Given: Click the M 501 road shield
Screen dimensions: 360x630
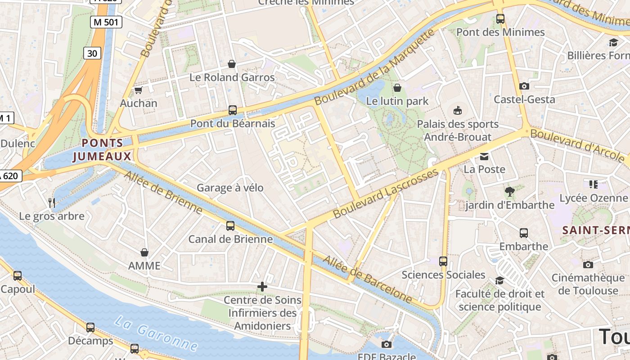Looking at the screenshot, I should (107, 22).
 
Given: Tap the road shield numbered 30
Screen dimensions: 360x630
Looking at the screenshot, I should (92, 54).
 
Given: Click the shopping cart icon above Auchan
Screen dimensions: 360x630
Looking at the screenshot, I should (138, 90).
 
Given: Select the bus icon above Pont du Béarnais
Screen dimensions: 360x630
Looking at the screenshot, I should (233, 110).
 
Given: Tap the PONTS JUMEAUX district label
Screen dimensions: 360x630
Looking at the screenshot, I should (103, 150).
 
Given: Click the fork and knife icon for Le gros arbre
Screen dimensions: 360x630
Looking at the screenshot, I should (52, 203).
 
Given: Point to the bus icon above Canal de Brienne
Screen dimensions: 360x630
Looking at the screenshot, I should (230, 226).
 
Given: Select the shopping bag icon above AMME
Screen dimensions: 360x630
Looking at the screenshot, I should (144, 252).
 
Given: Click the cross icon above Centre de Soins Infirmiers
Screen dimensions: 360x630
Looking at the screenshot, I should (262, 286).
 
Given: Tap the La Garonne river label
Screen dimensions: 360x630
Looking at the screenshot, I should (156, 333).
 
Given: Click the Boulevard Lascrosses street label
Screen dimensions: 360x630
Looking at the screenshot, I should (386, 193).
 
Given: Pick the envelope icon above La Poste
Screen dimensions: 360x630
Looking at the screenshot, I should (484, 157).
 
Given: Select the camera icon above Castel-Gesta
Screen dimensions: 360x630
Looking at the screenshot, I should (524, 86).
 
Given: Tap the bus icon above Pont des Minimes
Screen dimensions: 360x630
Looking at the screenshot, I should (500, 19).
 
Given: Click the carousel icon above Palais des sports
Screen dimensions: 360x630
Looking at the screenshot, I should (458, 110).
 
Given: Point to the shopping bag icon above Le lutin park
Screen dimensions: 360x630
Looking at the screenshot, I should (397, 88).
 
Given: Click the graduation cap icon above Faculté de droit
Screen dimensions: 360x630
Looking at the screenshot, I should (499, 281).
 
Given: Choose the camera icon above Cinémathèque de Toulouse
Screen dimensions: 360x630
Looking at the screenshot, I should (588, 265).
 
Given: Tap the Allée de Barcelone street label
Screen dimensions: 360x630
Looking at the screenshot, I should (367, 279).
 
